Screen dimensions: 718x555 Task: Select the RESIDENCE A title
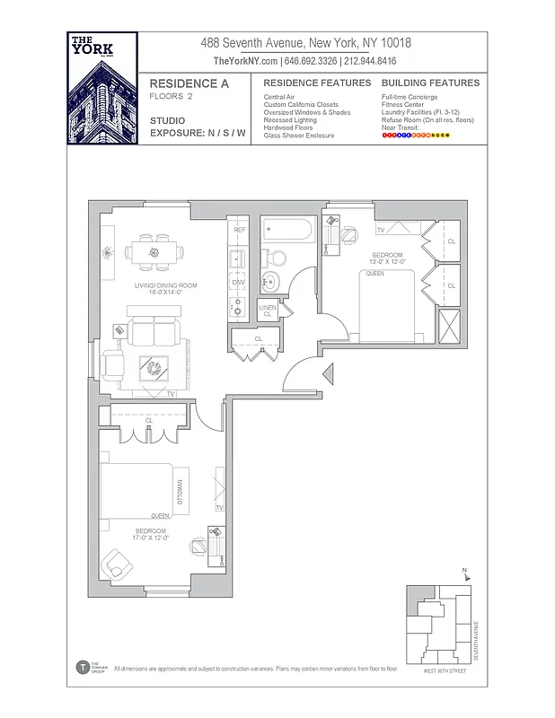[x=189, y=83]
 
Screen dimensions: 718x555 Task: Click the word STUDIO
[x=168, y=119]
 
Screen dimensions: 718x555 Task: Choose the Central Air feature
[x=280, y=96]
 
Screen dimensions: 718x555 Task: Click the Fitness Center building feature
[x=402, y=104]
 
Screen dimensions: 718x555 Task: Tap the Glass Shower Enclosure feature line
[x=298, y=136]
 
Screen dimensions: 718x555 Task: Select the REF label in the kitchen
[x=239, y=231]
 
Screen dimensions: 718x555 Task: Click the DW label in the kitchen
[x=238, y=283]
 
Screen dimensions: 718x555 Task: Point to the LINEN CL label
[x=268, y=311]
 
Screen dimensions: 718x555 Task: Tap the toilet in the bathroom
[x=275, y=258]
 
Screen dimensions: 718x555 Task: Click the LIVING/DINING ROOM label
[x=165, y=288]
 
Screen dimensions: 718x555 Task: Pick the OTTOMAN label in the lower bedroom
[x=180, y=493]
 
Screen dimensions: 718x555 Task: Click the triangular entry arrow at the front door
[x=328, y=372]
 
